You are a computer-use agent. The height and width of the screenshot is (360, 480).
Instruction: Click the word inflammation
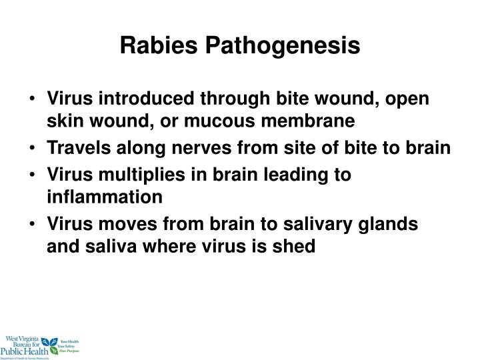pyautogui.click(x=104, y=197)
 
